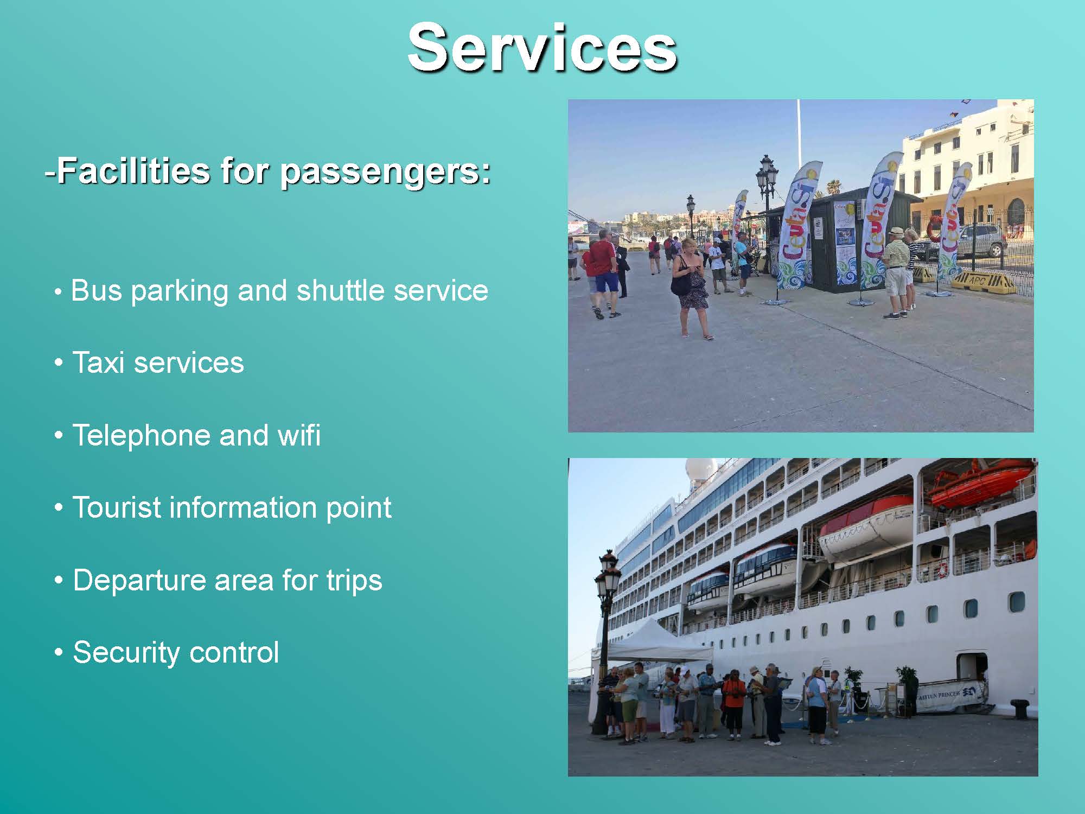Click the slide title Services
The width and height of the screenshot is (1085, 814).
click(542, 48)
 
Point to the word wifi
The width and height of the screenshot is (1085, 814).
click(299, 435)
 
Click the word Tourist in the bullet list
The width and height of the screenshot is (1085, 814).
click(117, 507)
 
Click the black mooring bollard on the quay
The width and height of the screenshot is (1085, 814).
click(1020, 709)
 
